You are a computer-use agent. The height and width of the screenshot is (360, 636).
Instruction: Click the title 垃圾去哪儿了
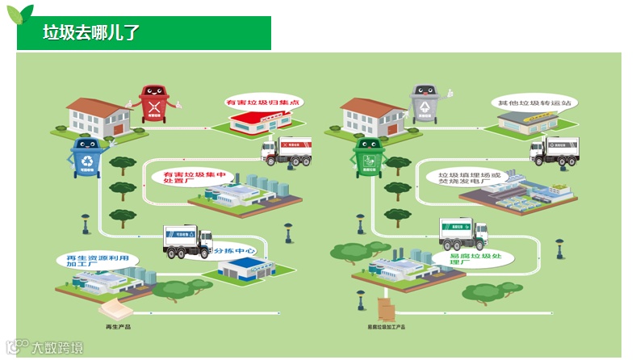pyautogui.click(x=91, y=33)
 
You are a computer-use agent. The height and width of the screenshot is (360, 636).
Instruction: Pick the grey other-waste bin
pyautogui.click(x=423, y=104)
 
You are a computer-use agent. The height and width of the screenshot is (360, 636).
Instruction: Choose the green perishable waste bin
pyautogui.click(x=370, y=157)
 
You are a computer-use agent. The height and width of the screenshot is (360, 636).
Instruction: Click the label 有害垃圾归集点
pyautogui.click(x=262, y=103)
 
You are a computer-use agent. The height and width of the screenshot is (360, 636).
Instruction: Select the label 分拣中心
pyautogui.click(x=236, y=253)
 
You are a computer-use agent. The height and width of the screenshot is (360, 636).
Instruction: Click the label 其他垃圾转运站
pyautogui.click(x=534, y=103)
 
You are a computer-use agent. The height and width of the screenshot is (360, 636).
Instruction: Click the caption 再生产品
pyautogui.click(x=118, y=327)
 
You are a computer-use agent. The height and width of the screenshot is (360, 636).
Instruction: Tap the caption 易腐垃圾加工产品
pyautogui.click(x=387, y=327)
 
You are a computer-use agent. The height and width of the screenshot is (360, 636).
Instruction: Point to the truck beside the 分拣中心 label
pyautogui.click(x=186, y=241)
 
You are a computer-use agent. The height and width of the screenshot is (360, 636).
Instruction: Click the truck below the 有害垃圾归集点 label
pyautogui.click(x=287, y=151)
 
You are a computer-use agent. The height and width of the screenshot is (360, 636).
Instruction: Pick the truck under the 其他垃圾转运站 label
pyautogui.click(x=554, y=150)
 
